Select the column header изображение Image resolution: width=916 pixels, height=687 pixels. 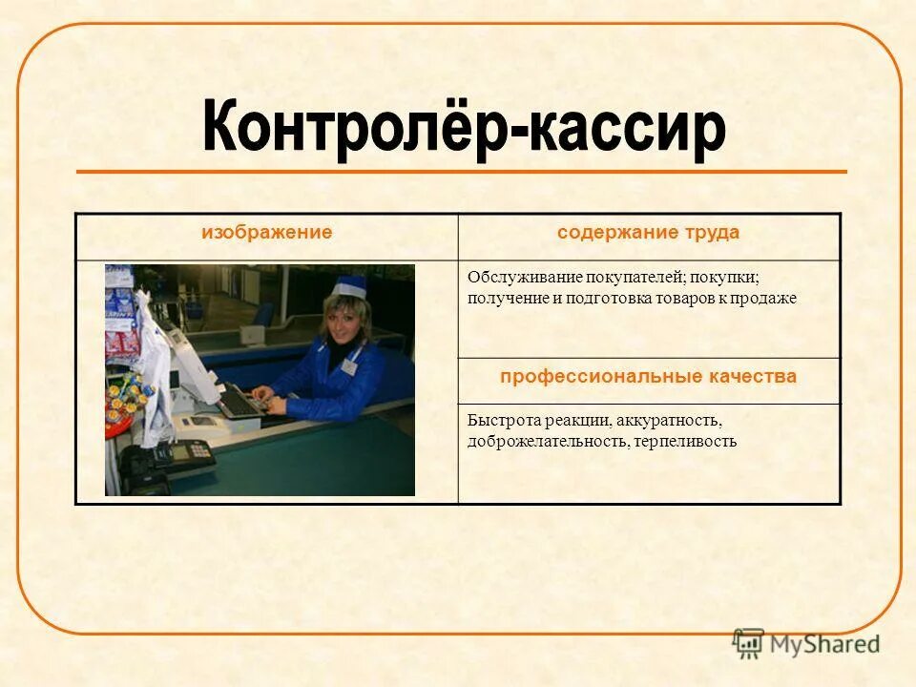(x=266, y=233)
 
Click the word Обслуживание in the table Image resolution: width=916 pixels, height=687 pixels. (x=523, y=278)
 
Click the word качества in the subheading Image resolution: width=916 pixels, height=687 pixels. (x=752, y=377)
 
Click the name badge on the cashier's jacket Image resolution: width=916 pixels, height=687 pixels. (x=349, y=365)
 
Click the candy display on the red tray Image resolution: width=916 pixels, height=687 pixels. (x=125, y=401)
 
